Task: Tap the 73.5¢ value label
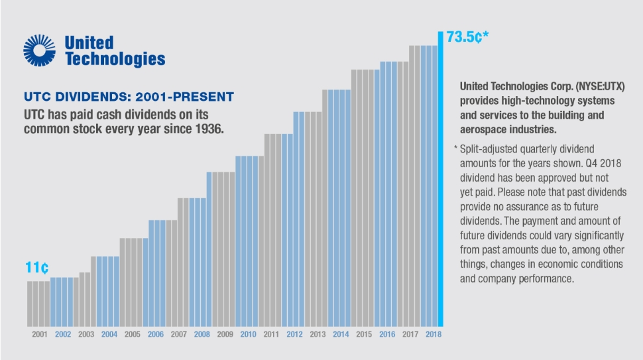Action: point(467,37)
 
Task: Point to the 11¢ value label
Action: point(36,269)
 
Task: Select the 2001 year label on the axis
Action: point(39,334)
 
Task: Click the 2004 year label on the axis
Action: point(109,334)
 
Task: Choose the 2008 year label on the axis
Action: point(202,334)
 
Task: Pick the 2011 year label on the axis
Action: point(271,334)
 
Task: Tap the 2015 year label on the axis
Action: point(364,334)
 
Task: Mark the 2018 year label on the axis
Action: point(433,334)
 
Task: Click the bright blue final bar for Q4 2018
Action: point(439,179)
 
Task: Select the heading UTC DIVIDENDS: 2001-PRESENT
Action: point(129,97)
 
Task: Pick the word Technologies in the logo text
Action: point(115,59)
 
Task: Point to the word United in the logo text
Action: point(89,43)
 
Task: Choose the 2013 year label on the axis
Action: point(318,334)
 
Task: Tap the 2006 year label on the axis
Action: point(155,334)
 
